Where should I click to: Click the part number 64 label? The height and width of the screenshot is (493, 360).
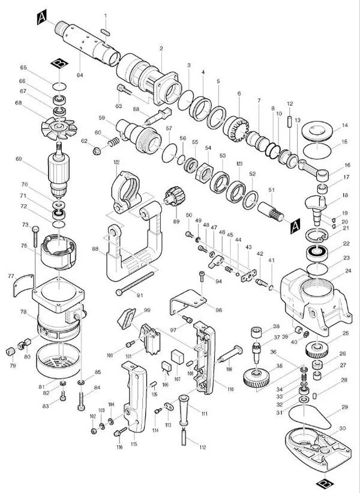pyautogui.click(x=80, y=74)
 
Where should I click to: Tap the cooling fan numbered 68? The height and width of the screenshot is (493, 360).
pyautogui.click(x=61, y=128)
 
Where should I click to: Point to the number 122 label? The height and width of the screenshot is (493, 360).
pyautogui.click(x=115, y=162)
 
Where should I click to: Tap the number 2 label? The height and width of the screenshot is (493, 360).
pyautogui.click(x=161, y=48)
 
